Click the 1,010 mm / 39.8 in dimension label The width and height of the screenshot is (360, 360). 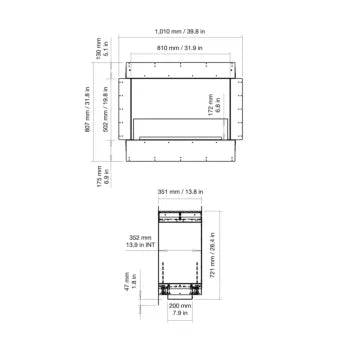click(x=180, y=29)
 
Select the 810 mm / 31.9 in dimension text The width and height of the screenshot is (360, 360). click(x=180, y=46)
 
